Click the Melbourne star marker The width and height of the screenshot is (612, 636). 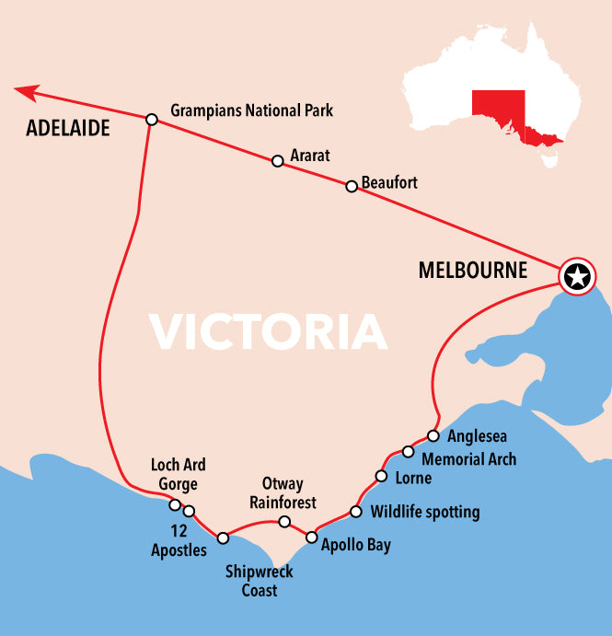click(577, 275)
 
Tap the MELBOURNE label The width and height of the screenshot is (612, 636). click(472, 271)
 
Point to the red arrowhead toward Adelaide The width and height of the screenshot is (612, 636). click(27, 91)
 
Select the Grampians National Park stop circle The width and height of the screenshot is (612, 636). click(152, 119)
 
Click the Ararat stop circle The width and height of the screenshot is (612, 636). click(277, 160)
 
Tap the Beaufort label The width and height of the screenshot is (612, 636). click(389, 182)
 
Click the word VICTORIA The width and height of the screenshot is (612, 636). click(267, 332)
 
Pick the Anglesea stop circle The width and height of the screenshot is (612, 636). click(433, 435)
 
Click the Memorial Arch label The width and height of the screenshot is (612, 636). click(468, 458)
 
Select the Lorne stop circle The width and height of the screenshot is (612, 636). click(381, 476)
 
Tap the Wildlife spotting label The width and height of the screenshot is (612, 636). click(424, 512)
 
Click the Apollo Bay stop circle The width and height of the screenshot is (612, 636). click(311, 537)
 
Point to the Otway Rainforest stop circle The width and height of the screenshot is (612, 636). click(284, 522)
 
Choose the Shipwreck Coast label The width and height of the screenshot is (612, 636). click(259, 581)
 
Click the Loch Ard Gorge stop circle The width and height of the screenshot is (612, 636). click(174, 504)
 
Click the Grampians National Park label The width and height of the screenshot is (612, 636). click(251, 110)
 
